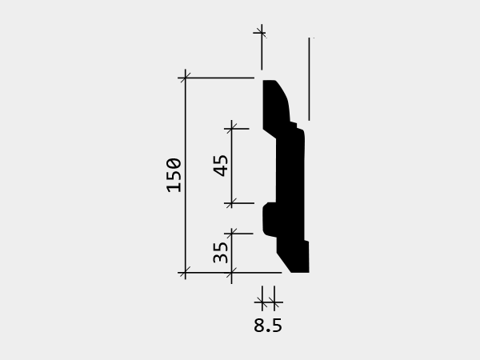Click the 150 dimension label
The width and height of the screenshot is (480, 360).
174,175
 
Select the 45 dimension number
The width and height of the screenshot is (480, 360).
221,166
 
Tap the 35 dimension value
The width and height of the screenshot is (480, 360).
221,253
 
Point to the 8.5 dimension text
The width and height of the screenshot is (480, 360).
268,326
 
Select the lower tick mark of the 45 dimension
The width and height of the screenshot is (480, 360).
231,203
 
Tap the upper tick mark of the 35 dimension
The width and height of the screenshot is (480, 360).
231,234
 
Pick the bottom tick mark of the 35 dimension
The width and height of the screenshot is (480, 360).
231,272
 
